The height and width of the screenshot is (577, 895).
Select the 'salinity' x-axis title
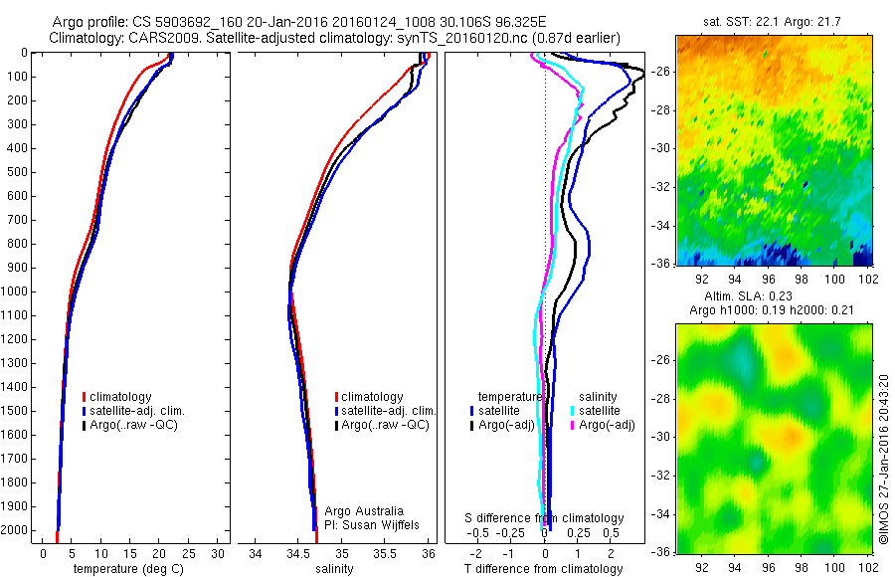(335, 570)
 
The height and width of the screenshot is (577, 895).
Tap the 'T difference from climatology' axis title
(544, 570)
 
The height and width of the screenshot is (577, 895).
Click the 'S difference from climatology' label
(544, 518)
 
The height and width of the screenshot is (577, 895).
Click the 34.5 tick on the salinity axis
(298, 553)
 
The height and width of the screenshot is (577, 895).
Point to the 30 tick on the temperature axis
(219, 553)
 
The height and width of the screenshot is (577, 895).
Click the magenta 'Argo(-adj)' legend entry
(607, 425)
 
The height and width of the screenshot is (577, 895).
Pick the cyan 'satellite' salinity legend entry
(600, 410)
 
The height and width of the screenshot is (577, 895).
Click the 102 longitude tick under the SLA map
(866, 566)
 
